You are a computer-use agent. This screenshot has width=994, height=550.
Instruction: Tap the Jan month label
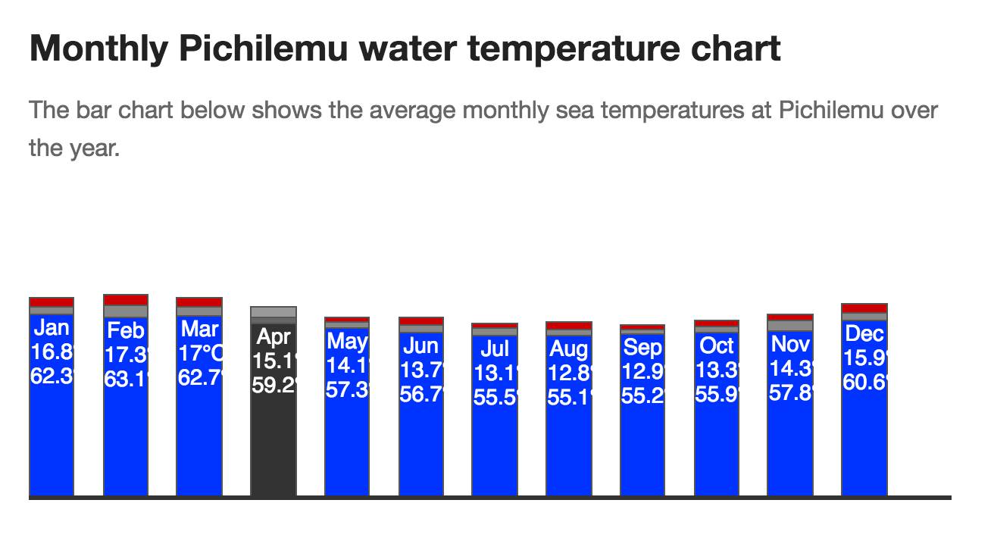click(x=52, y=328)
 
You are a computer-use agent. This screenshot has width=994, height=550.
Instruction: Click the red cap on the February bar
click(x=126, y=300)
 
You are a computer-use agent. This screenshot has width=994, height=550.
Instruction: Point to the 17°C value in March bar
click(x=199, y=353)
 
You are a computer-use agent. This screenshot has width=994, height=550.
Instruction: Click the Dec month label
click(x=864, y=333)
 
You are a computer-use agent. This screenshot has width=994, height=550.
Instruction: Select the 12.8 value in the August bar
click(x=568, y=373)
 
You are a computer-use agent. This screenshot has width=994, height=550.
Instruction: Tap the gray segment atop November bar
click(x=790, y=326)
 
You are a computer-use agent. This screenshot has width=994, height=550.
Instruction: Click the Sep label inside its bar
click(x=642, y=348)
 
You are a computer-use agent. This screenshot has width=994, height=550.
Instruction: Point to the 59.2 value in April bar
click(x=274, y=385)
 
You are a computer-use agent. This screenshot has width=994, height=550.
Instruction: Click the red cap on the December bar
click(x=864, y=308)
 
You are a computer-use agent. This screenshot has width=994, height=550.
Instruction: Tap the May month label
click(x=346, y=342)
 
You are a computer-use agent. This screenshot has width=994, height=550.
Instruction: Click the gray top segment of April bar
click(x=274, y=313)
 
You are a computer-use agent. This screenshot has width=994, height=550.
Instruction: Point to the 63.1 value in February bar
click(x=126, y=378)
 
